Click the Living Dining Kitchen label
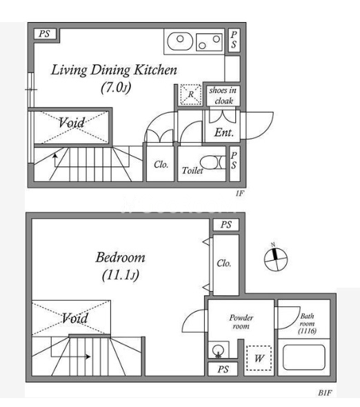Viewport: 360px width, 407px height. [x=114, y=70]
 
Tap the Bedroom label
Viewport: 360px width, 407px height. [x=120, y=257]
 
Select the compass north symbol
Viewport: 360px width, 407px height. [x=276, y=258]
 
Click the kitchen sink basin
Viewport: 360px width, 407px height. [x=180, y=41]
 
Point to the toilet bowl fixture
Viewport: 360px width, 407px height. [x=212, y=163]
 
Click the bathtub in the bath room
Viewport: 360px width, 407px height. [x=304, y=357]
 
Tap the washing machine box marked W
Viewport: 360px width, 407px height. [x=259, y=358]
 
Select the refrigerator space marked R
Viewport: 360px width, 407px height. [x=191, y=95]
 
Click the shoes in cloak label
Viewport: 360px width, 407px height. [x=223, y=95]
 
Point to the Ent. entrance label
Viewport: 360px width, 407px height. [x=223, y=132]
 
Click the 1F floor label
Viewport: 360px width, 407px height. [x=240, y=193]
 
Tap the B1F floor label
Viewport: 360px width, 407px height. [x=325, y=393]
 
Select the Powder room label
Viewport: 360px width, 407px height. [x=241, y=321]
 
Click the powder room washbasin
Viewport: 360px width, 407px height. [x=218, y=350]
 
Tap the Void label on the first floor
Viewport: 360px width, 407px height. [x=72, y=123]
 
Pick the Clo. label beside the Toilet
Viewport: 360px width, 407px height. [x=161, y=164]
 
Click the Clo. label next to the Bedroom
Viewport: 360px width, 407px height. [x=223, y=264]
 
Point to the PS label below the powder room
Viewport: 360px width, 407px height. [x=223, y=369]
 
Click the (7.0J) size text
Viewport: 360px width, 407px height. [x=116, y=87]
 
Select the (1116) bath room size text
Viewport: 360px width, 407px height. [x=307, y=331]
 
